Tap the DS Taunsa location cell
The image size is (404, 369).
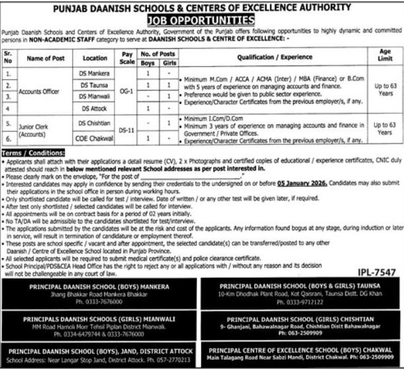[x=95, y=85]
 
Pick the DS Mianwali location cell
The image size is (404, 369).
[x=95, y=96]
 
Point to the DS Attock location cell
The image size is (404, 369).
[x=95, y=107]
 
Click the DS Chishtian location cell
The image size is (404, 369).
[x=95, y=123]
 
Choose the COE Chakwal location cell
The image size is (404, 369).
[x=95, y=140]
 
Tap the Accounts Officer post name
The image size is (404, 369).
[x=42, y=91]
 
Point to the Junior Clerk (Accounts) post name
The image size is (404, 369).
[x=42, y=131]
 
